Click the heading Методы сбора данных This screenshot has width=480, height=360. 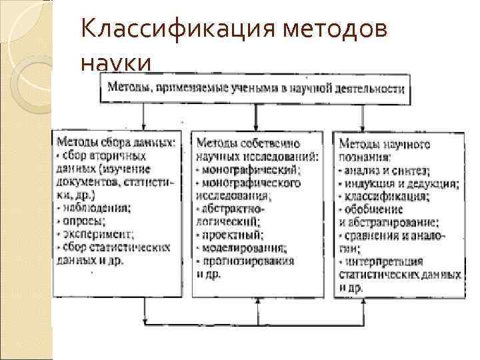117,142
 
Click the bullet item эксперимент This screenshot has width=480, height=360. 96,233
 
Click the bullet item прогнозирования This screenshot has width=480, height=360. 247,260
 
